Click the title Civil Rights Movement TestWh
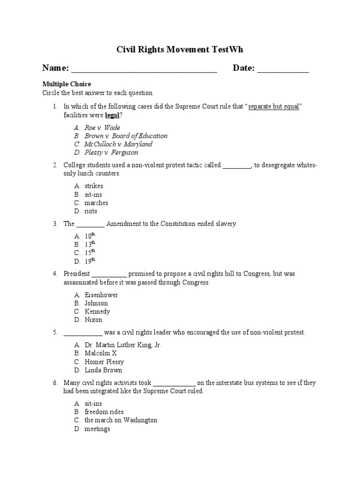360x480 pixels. coord(180,50)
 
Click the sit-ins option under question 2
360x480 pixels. coord(93,195)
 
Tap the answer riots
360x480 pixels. coord(91,211)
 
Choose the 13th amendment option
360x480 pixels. coord(90,244)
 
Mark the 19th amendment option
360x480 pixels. coord(90,261)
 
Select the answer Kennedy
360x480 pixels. coord(97,312)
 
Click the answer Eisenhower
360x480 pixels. coord(101,295)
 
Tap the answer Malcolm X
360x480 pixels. coord(100,353)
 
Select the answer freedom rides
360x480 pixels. coord(104,412)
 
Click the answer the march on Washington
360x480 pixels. coord(120,420)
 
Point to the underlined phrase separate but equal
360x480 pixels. coord(274,107)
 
